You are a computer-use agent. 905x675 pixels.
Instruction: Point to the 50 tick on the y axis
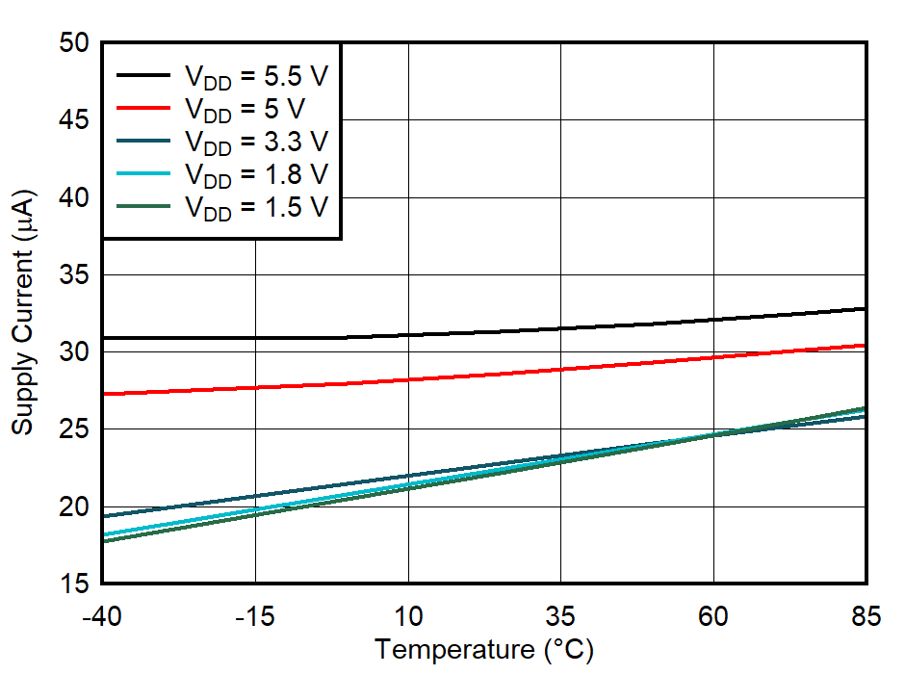[73, 43]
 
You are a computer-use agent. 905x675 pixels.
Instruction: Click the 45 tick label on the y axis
[73, 120]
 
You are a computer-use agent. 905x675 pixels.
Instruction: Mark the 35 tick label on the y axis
[73, 275]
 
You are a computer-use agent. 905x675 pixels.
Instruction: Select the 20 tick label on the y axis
[73, 507]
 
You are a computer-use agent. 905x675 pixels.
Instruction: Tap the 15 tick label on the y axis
[73, 584]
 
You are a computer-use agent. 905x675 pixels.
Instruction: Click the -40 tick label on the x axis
[101, 617]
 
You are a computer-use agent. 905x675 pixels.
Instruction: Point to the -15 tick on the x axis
[255, 617]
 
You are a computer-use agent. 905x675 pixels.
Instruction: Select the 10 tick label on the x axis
[408, 617]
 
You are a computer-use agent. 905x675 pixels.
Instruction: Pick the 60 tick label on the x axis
[713, 617]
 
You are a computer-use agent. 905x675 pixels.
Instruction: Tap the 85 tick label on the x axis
[866, 617]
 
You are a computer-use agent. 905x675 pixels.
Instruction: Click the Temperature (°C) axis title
[484, 650]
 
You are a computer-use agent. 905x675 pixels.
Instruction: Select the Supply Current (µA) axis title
[23, 313]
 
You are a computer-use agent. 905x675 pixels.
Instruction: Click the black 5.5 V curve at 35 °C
[560, 328]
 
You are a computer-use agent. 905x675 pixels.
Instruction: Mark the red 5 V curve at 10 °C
[408, 379]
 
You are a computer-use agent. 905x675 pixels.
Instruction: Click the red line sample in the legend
[144, 108]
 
